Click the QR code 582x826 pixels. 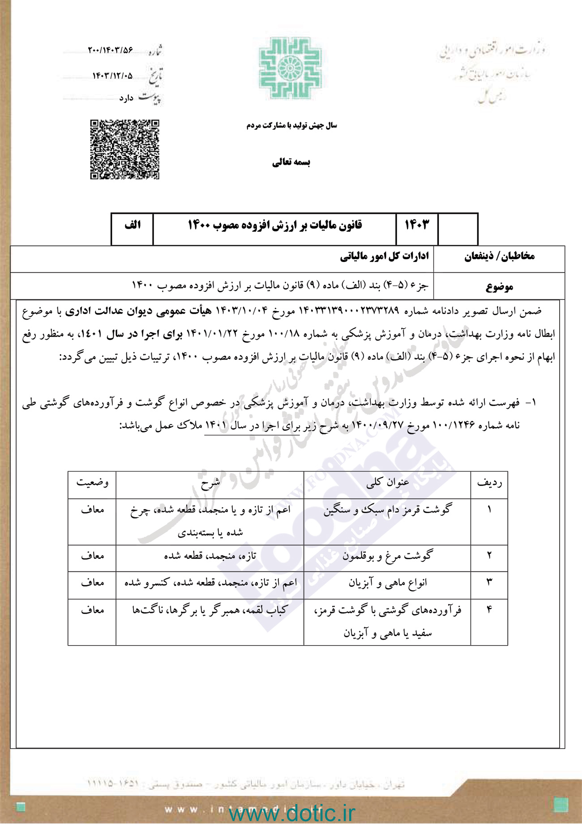pyautogui.click(x=124, y=150)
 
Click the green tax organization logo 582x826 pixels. pyautogui.click(x=291, y=68)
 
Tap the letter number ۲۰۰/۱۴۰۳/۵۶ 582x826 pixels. pyautogui.click(x=111, y=50)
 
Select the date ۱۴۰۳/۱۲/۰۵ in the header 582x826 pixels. pyautogui.click(x=112, y=76)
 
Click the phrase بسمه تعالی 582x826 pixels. pyautogui.click(x=291, y=163)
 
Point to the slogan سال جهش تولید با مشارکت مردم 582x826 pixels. pyautogui.click(x=291, y=126)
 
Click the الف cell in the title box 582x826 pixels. pyautogui.click(x=133, y=225)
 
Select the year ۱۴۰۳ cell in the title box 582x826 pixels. pyautogui.click(x=416, y=225)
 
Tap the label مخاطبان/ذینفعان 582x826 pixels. pyautogui.click(x=499, y=257)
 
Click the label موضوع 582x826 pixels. pyautogui.click(x=499, y=287)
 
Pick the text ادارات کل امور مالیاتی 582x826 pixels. pyautogui.click(x=384, y=257)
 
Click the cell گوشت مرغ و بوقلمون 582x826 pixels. pyautogui.click(x=387, y=556)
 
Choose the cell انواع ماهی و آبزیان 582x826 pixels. pyautogui.click(x=387, y=583)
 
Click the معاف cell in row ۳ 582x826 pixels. pyautogui.click(x=92, y=583)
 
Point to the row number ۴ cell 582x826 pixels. pyautogui.click(x=489, y=610)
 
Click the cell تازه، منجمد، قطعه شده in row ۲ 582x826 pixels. pyautogui.click(x=210, y=556)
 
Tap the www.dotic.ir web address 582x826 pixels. pyautogui.click(x=291, y=813)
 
